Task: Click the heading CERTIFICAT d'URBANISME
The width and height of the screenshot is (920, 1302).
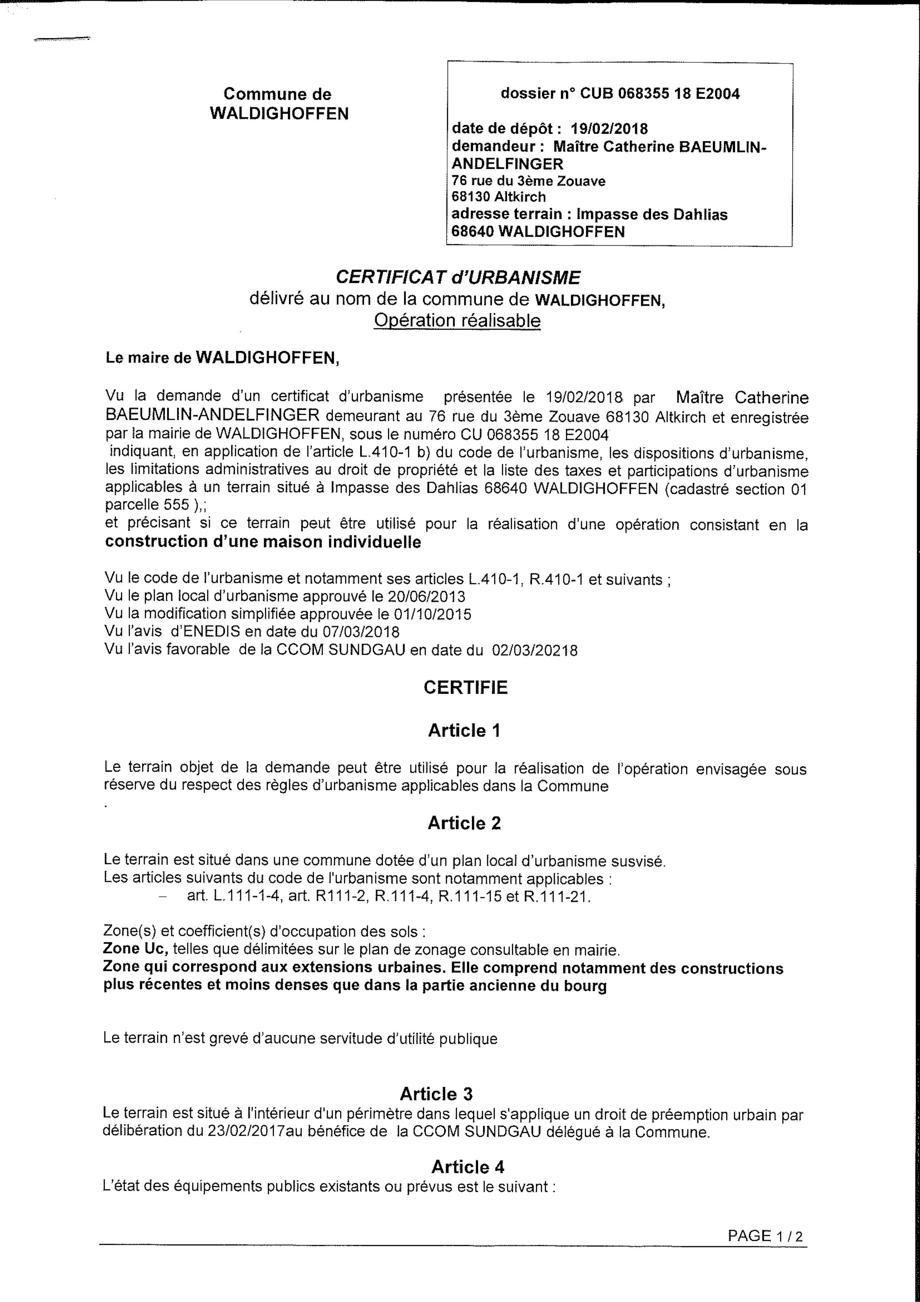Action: click(458, 277)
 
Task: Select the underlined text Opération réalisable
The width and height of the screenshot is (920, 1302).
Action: click(457, 321)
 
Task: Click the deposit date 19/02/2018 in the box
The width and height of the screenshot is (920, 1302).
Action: click(609, 129)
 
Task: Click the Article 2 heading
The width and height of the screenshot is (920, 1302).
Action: click(464, 823)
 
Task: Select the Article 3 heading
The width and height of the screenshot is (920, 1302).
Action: click(436, 1094)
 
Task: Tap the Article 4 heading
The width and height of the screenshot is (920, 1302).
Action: click(468, 1151)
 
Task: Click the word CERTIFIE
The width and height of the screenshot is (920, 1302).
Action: click(465, 688)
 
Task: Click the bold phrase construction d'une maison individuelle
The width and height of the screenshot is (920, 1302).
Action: click(263, 542)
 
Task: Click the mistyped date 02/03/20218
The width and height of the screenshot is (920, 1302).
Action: click(535, 650)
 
